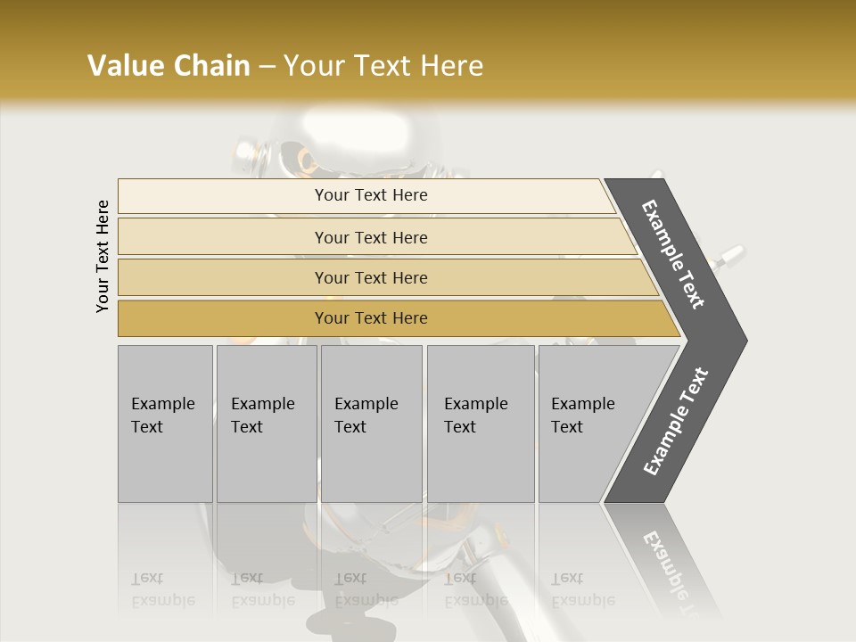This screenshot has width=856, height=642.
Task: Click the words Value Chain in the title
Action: pos(169,66)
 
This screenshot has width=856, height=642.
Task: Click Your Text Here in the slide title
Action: pos(383,66)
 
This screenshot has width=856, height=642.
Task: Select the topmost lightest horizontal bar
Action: pos(371,195)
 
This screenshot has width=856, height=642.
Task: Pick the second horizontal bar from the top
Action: pos(371,237)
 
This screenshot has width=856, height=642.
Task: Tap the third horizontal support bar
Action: pos(371,277)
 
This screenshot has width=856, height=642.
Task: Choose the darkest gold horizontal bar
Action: pos(371,318)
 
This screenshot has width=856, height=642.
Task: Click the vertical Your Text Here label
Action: pos(103,256)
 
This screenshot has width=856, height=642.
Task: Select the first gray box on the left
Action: pos(165,424)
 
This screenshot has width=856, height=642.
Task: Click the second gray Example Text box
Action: pos(266,424)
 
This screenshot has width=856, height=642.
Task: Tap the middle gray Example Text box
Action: pos(371,424)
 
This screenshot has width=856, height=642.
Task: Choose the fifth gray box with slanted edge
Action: pos(588,424)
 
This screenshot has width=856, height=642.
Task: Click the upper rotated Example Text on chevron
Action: pos(674,254)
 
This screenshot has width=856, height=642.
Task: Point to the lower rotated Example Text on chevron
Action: pos(676,422)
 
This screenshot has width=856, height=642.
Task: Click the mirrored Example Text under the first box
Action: pos(162,589)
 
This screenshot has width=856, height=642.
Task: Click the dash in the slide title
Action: pos(267,67)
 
